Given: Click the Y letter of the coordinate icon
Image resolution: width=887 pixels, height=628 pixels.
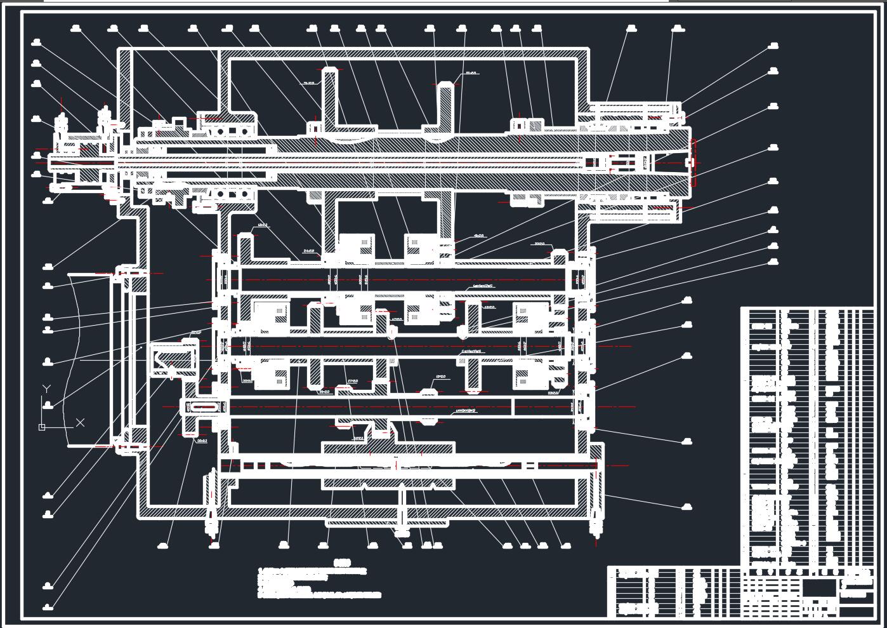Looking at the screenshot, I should tap(46, 389).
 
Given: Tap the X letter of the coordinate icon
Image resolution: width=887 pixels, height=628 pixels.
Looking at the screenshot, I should tap(81, 422).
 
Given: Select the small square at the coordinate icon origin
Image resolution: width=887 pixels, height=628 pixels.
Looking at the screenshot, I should tap(42, 427).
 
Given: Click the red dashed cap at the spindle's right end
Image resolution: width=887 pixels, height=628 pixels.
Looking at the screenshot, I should tap(693, 163).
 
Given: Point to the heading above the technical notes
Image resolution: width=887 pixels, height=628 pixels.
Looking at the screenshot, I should tap(343, 563).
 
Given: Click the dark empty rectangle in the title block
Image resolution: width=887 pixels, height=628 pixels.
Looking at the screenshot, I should tap(819, 587).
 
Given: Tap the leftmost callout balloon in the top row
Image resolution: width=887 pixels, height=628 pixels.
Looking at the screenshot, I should tap(77, 28).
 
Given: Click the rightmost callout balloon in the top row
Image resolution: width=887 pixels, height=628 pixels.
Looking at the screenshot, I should tap(678, 28).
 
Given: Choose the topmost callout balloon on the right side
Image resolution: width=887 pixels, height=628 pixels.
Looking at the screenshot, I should tap(773, 46).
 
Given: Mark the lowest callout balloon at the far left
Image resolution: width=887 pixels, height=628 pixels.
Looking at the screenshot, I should tap(48, 606).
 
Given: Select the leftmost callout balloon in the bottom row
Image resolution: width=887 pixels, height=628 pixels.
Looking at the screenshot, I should tap(163, 545).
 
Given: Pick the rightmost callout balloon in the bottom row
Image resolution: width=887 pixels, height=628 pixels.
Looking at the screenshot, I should tap(566, 545).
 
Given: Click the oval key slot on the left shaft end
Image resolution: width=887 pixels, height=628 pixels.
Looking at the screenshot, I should tap(204, 407).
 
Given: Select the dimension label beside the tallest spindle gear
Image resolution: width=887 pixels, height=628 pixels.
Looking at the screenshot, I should tap(308, 83).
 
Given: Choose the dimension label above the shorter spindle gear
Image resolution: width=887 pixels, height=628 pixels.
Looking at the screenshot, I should tap(471, 73).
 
